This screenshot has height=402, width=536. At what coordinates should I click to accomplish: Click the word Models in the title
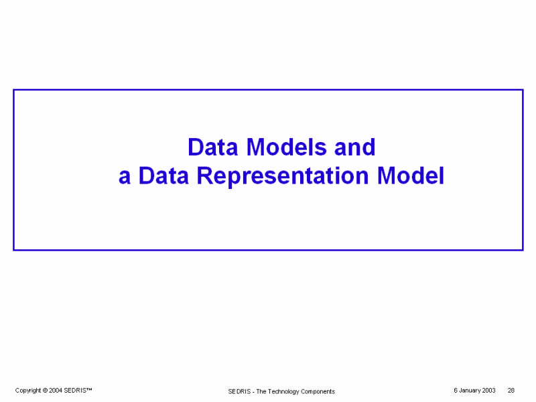tap(287, 147)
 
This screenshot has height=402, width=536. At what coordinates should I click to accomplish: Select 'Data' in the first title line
tap(212, 147)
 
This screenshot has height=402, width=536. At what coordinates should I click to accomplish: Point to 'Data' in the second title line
tap(163, 176)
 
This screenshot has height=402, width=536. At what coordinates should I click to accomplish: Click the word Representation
tap(283, 177)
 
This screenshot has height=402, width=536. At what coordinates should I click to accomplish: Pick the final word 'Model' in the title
tap(411, 176)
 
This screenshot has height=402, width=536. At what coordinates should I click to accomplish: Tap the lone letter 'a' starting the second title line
tap(125, 178)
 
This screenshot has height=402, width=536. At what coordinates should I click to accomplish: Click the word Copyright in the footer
tap(28, 391)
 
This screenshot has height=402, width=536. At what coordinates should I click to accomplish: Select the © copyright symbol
tap(45, 391)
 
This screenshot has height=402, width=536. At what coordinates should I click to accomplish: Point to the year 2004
tap(56, 391)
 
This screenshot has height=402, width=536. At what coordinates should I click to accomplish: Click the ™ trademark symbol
tap(89, 389)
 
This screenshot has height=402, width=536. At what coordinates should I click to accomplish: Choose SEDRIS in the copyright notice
tap(75, 391)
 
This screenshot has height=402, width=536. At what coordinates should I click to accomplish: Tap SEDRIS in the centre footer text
tap(239, 391)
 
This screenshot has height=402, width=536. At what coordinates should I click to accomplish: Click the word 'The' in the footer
tap(261, 391)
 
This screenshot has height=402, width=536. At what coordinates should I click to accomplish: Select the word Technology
tap(283, 392)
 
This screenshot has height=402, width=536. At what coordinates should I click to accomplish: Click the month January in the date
tap(470, 391)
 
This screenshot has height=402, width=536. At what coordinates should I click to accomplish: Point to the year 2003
tap(489, 391)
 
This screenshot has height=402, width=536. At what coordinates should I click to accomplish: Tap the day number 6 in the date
tap(456, 391)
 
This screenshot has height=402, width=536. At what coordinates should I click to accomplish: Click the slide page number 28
tap(511, 391)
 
